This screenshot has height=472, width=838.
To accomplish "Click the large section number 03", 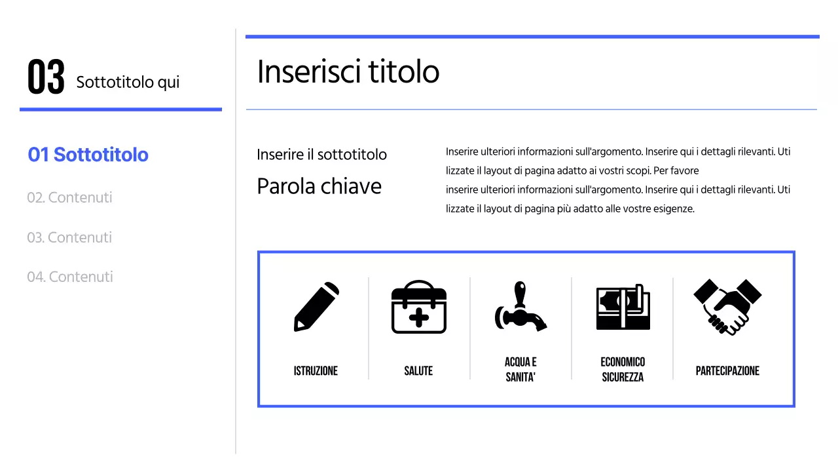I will click(x=46, y=77).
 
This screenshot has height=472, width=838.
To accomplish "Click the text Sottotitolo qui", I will click(x=128, y=83).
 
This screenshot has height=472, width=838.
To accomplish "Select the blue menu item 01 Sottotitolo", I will click(x=88, y=155).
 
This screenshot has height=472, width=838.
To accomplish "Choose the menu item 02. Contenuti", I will click(x=69, y=197).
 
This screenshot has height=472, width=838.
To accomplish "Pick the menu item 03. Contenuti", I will click(x=69, y=237).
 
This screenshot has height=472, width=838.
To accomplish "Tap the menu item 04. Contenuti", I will click(x=70, y=277).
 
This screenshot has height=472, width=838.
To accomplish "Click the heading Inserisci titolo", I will click(x=348, y=71).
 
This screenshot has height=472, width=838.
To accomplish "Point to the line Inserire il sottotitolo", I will click(x=321, y=155).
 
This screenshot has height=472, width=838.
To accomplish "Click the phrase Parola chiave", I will click(x=319, y=186).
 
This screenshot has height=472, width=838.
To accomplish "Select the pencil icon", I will click(x=316, y=307).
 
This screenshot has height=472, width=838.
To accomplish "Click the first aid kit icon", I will click(x=418, y=307).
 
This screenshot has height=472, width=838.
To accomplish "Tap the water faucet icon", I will click(x=520, y=307).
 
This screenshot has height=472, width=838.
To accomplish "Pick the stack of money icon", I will click(x=623, y=307).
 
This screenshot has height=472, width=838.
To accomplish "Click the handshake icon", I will click(x=727, y=306).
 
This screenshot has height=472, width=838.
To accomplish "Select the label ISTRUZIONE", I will click(x=316, y=371).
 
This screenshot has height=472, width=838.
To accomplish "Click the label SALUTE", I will click(x=418, y=371).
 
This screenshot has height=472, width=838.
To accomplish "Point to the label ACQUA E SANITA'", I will click(x=520, y=370).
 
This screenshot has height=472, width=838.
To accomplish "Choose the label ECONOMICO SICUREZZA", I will click(x=623, y=370).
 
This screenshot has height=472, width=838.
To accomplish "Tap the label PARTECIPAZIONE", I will click(x=727, y=371).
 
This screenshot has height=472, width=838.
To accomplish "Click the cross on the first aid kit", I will click(x=418, y=318).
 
